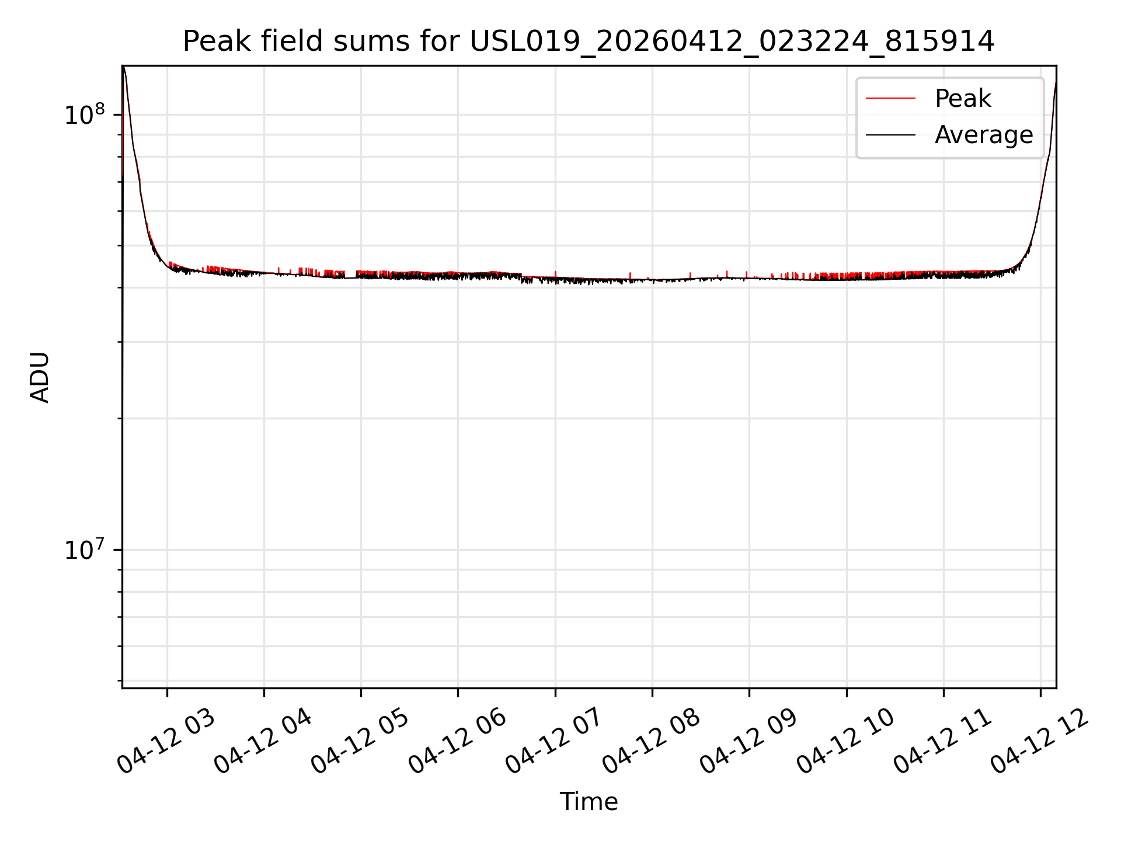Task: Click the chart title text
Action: (x=589, y=41)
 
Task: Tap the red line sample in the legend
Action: (x=890, y=99)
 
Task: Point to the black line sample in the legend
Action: (x=890, y=135)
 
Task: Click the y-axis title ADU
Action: (x=40, y=377)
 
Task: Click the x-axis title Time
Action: (x=589, y=802)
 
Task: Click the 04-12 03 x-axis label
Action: (x=166, y=741)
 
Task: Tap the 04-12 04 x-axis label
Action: (x=263, y=741)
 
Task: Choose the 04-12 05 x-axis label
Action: (x=360, y=741)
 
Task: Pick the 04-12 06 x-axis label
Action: (x=457, y=741)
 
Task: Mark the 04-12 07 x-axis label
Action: (x=555, y=741)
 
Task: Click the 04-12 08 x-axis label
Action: (x=652, y=741)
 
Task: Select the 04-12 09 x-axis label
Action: (x=749, y=741)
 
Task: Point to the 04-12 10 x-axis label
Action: (x=846, y=741)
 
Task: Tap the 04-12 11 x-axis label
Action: (x=943, y=741)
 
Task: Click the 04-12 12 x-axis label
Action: (x=1040, y=741)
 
